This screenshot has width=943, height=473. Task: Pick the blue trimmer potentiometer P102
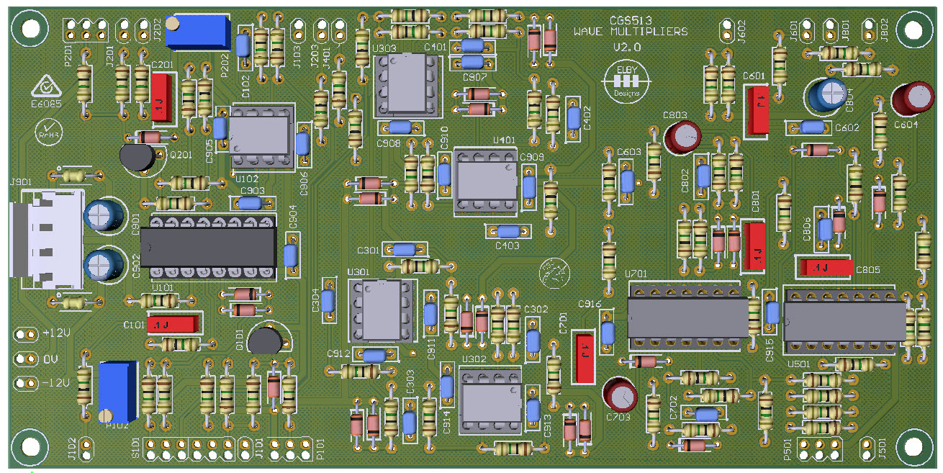(x=117, y=392)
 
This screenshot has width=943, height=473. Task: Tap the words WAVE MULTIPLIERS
(x=630, y=32)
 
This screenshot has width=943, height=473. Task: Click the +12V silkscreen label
(x=57, y=334)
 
